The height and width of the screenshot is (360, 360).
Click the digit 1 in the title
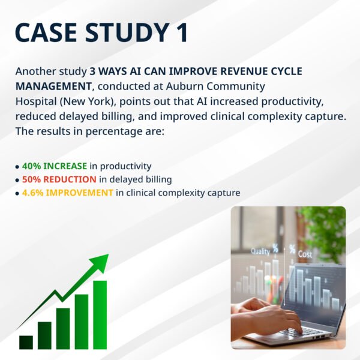point(182,32)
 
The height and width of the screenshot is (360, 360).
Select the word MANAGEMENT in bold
point(53,86)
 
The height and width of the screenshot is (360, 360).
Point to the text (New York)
point(88,102)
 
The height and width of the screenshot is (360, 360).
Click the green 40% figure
point(31,166)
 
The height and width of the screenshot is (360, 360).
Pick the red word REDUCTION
point(70,179)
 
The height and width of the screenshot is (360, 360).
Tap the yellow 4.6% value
point(32,193)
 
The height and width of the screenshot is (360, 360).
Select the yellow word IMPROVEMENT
point(79,193)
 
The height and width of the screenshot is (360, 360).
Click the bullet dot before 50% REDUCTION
point(17,180)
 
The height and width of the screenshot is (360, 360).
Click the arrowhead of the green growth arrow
point(100,262)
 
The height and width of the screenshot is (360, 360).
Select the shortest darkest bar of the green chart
point(26,343)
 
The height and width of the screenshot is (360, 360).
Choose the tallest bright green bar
point(100,315)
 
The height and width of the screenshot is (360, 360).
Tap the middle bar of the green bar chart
point(63,329)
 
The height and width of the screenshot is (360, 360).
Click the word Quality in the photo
point(260,251)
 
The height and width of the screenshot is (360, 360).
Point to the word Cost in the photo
point(305,254)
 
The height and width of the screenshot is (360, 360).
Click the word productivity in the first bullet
point(125,166)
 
